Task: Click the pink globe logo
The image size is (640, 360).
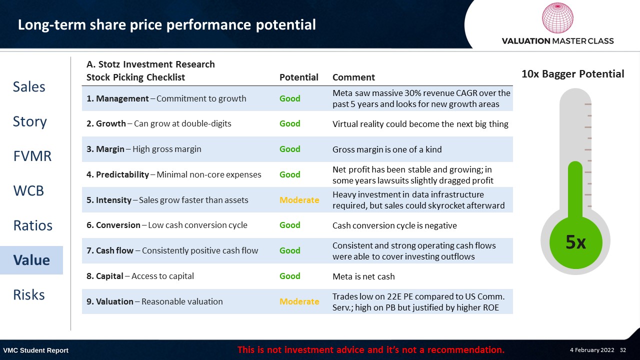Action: [557, 17]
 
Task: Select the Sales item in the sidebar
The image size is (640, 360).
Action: [29, 87]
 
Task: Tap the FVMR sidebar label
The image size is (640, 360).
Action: [32, 156]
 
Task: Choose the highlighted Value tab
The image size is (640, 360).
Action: [31, 260]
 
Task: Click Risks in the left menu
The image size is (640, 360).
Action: [29, 295]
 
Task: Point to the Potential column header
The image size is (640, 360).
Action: [298, 77]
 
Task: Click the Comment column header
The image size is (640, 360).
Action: [353, 77]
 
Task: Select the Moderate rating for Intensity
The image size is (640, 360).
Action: [299, 200]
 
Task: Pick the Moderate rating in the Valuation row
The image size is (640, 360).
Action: [299, 301]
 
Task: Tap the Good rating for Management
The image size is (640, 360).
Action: [289, 98]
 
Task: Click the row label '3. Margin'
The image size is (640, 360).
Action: [105, 149]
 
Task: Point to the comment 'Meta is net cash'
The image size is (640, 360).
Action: [363, 276]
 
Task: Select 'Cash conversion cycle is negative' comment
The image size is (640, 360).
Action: [394, 225]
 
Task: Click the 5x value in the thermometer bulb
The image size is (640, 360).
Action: [575, 242]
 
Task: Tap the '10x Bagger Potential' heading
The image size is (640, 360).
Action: [573, 74]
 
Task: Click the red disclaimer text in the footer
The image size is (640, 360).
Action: [371, 349]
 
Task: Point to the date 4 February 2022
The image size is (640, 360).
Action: [592, 350]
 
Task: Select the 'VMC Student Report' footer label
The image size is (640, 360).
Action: [35, 350]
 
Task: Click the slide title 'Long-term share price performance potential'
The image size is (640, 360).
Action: [167, 25]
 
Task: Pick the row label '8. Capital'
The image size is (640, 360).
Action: [105, 276]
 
